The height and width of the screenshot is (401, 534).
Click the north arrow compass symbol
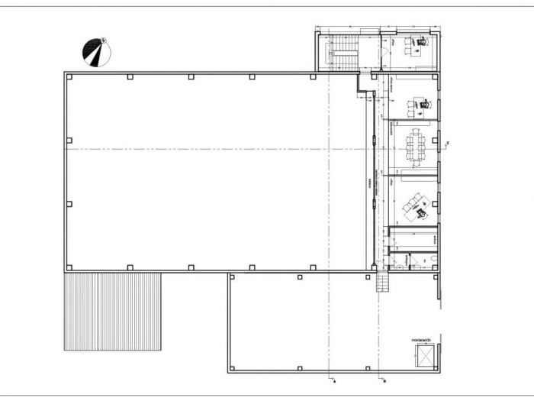pyautogui.click(x=96, y=53)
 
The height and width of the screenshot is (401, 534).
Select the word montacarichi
pyautogui.click(x=422, y=338)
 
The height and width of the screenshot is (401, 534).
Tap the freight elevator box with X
pyautogui.click(x=422, y=355)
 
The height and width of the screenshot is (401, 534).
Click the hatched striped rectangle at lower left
pyautogui.click(x=112, y=312)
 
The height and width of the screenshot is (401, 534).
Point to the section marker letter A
pyautogui.click(x=334, y=379)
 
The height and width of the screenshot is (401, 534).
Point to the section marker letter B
pyautogui.click(x=384, y=379)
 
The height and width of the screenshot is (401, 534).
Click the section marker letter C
pyautogui.click(x=448, y=143)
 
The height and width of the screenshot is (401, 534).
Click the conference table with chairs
pyautogui.click(x=417, y=146)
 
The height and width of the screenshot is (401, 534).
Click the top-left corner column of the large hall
pyautogui.click(x=67, y=76)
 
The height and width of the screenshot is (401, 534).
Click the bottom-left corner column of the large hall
pyautogui.click(x=67, y=268)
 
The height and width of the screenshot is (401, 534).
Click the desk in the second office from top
pyautogui.click(x=418, y=105)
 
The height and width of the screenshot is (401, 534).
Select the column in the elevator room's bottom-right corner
pyautogui.click(x=436, y=370)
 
